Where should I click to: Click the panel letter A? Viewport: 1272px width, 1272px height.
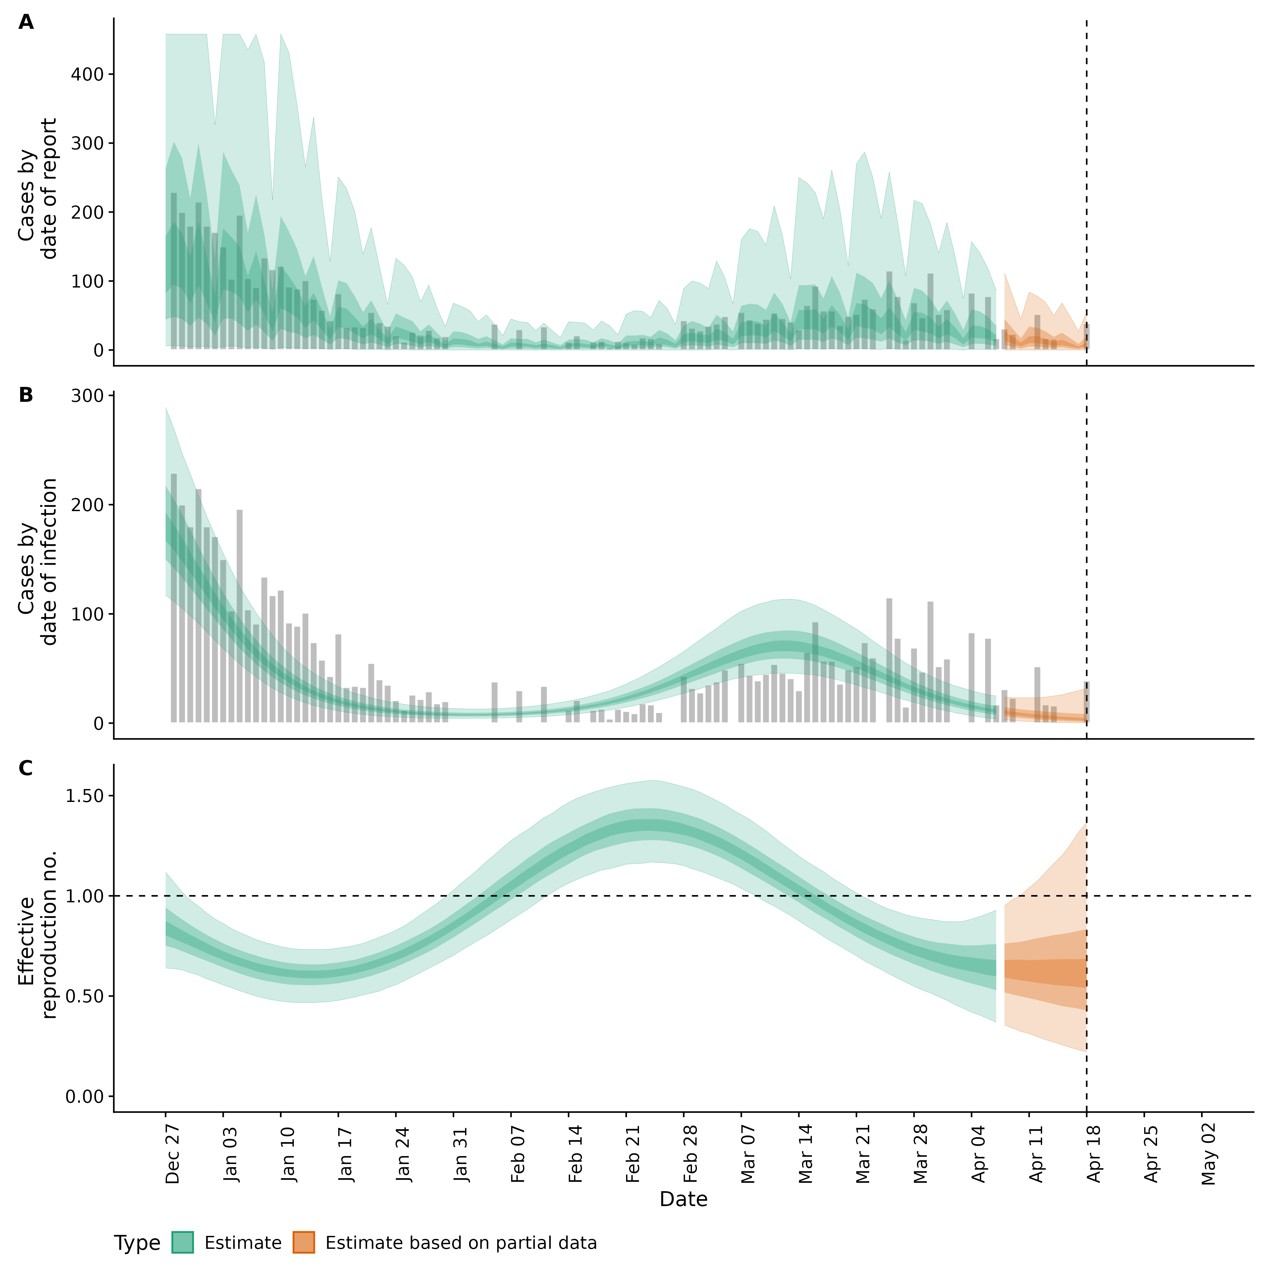(26, 23)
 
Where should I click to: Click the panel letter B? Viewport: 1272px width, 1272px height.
(26, 395)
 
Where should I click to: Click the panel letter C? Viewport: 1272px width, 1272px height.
(26, 768)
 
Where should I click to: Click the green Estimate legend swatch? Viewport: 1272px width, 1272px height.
(183, 1243)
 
